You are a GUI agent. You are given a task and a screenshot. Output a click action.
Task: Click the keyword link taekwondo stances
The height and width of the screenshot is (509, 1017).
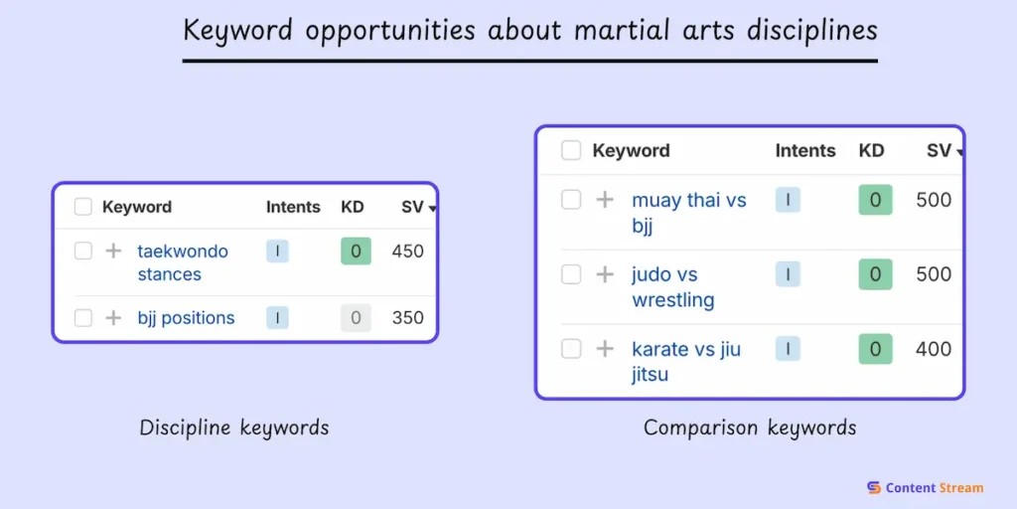coord(183,262)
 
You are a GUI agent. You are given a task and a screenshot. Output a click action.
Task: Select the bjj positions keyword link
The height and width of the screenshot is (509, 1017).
coord(186,318)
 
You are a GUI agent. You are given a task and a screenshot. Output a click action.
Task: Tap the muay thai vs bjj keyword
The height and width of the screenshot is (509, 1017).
coord(688,213)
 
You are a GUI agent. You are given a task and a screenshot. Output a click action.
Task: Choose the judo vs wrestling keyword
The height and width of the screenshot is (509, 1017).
coord(672,287)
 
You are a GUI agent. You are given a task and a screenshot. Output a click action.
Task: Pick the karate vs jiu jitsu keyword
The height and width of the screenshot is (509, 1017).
coord(685,362)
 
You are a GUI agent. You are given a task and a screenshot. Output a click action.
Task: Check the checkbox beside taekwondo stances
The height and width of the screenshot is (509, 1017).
coord(83,252)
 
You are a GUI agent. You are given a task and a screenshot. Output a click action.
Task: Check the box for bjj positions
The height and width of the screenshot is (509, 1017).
coord(83,318)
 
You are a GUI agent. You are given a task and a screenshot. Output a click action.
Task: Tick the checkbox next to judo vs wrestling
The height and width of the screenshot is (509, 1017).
coord(571,274)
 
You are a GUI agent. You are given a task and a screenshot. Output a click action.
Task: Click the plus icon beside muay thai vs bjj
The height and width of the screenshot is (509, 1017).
coord(605,200)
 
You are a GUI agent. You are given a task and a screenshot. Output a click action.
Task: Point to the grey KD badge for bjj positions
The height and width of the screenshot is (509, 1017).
coord(356,318)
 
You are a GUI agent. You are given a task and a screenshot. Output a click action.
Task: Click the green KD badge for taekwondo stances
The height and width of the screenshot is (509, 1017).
coord(356,252)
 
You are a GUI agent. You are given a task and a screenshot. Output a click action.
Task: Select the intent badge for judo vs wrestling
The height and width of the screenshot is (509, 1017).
coord(788,274)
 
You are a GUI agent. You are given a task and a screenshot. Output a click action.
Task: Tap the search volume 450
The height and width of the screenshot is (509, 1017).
coord(407,252)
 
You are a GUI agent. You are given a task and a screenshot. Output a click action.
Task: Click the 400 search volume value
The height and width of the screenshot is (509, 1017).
coord(934,349)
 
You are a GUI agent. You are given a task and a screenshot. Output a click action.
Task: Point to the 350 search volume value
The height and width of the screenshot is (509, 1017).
coord(407,318)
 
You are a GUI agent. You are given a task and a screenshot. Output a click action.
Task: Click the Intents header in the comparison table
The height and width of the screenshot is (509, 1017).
coord(805,151)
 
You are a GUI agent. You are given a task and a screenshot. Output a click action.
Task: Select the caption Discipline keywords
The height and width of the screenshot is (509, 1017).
coord(234,428)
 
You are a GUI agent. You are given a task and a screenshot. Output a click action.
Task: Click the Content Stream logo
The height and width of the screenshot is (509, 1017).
coord(925,487)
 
